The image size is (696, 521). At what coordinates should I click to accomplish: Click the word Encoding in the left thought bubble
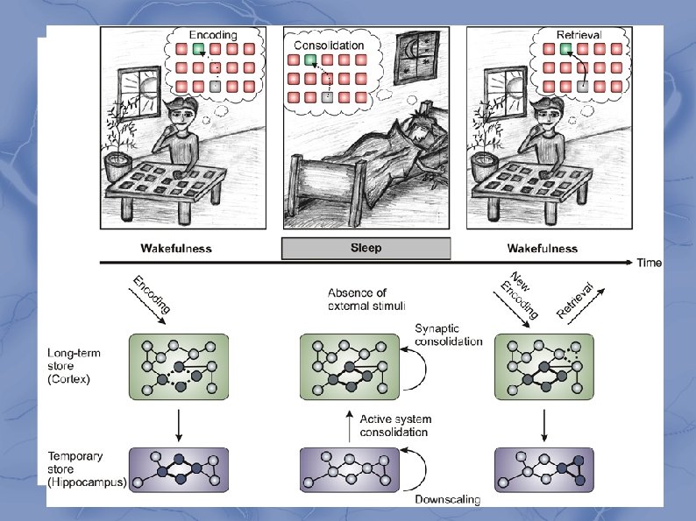[213, 34]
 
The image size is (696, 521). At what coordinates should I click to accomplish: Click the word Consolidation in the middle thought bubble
[329, 44]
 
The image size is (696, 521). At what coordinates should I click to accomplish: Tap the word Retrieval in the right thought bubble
[579, 34]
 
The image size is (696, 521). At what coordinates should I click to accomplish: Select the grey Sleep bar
[365, 248]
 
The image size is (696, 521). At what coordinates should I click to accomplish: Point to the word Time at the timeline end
[650, 263]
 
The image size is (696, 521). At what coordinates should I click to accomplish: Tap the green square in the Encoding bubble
[199, 51]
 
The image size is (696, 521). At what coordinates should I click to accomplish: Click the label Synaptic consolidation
[447, 335]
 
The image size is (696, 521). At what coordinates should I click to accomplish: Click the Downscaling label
[448, 500]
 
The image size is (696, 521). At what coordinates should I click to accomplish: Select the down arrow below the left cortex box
[178, 426]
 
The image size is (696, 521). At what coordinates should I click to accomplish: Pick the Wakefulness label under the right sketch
[542, 248]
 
